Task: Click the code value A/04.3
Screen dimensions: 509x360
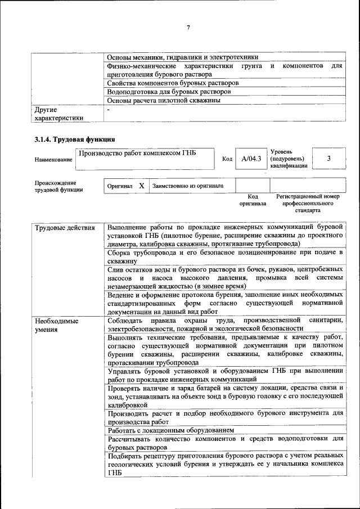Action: (251, 159)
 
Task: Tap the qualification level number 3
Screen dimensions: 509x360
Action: (328, 159)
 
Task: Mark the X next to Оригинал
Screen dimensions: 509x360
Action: (141, 186)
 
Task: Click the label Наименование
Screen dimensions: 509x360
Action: (53, 160)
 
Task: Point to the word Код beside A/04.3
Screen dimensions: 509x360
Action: (227, 160)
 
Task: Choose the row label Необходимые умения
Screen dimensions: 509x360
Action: (57, 326)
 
